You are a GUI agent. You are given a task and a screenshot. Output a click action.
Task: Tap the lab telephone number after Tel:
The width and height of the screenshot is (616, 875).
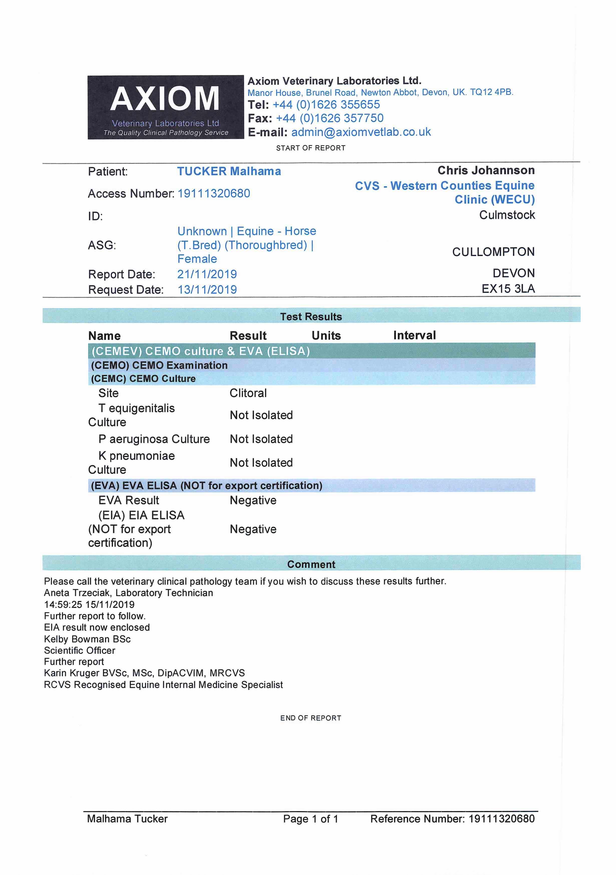click(x=326, y=105)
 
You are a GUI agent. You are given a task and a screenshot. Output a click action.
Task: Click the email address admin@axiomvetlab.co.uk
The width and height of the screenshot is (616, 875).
click(x=361, y=132)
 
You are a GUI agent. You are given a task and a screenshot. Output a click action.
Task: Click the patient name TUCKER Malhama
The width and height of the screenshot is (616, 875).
click(x=229, y=172)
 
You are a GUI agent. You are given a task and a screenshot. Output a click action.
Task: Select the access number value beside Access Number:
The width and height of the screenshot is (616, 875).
click(x=214, y=194)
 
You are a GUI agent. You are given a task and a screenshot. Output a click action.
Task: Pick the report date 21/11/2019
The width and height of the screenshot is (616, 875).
click(x=207, y=274)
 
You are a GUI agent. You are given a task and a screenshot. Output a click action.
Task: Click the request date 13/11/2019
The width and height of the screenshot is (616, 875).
click(x=207, y=290)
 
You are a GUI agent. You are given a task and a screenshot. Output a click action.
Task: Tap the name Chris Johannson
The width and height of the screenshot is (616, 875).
click(x=486, y=170)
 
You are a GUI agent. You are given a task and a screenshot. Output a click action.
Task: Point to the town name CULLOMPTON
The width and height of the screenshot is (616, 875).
click(x=493, y=252)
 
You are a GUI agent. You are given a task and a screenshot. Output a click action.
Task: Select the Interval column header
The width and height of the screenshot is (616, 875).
click(x=414, y=335)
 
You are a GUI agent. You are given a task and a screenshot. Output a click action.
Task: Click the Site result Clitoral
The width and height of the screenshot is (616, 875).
click(x=248, y=393)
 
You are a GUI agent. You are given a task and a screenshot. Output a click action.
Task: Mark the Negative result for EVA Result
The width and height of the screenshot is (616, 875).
click(x=253, y=500)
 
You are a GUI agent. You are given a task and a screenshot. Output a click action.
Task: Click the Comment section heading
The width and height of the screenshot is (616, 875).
click(x=311, y=564)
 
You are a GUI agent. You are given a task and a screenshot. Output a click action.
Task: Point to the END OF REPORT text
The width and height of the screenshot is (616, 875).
click(x=310, y=718)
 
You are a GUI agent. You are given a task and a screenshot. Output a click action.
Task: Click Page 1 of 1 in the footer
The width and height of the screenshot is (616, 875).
click(x=310, y=819)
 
